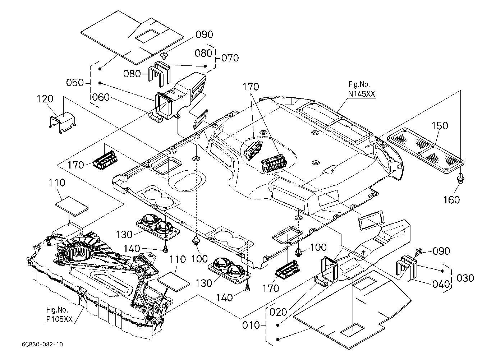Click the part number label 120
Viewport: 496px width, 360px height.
point(45,99)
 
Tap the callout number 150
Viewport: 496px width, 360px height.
point(440,126)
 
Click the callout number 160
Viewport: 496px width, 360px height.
point(451,200)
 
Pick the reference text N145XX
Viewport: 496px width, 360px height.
point(362,94)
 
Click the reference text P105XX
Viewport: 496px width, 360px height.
point(59,319)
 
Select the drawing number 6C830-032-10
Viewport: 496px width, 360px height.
point(42,344)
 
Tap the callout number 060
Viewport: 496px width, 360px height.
point(101,97)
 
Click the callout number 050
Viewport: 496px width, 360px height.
point(75,83)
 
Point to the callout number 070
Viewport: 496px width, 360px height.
point(230,58)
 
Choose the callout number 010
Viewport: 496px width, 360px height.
point(251,326)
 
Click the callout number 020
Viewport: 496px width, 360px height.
point(278,312)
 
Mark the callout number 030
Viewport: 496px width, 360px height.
point(465,278)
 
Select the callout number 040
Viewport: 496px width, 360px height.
point(441,284)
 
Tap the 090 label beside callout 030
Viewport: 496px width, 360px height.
point(441,251)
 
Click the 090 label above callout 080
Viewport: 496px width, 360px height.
point(204,35)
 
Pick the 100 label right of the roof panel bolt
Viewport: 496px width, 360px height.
point(318,248)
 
